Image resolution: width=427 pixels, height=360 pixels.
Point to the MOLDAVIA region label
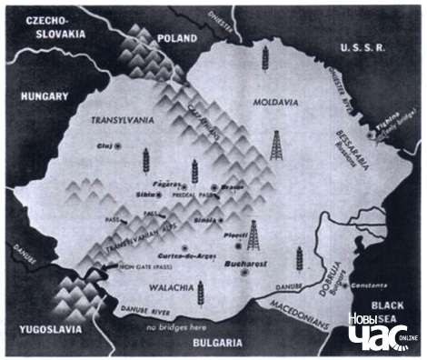(x=274, y=103)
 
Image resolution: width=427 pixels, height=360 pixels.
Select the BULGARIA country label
(x=217, y=343)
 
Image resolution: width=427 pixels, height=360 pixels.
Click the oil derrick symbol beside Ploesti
(x=253, y=235)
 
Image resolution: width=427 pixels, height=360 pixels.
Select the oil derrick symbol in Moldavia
(x=276, y=145)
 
